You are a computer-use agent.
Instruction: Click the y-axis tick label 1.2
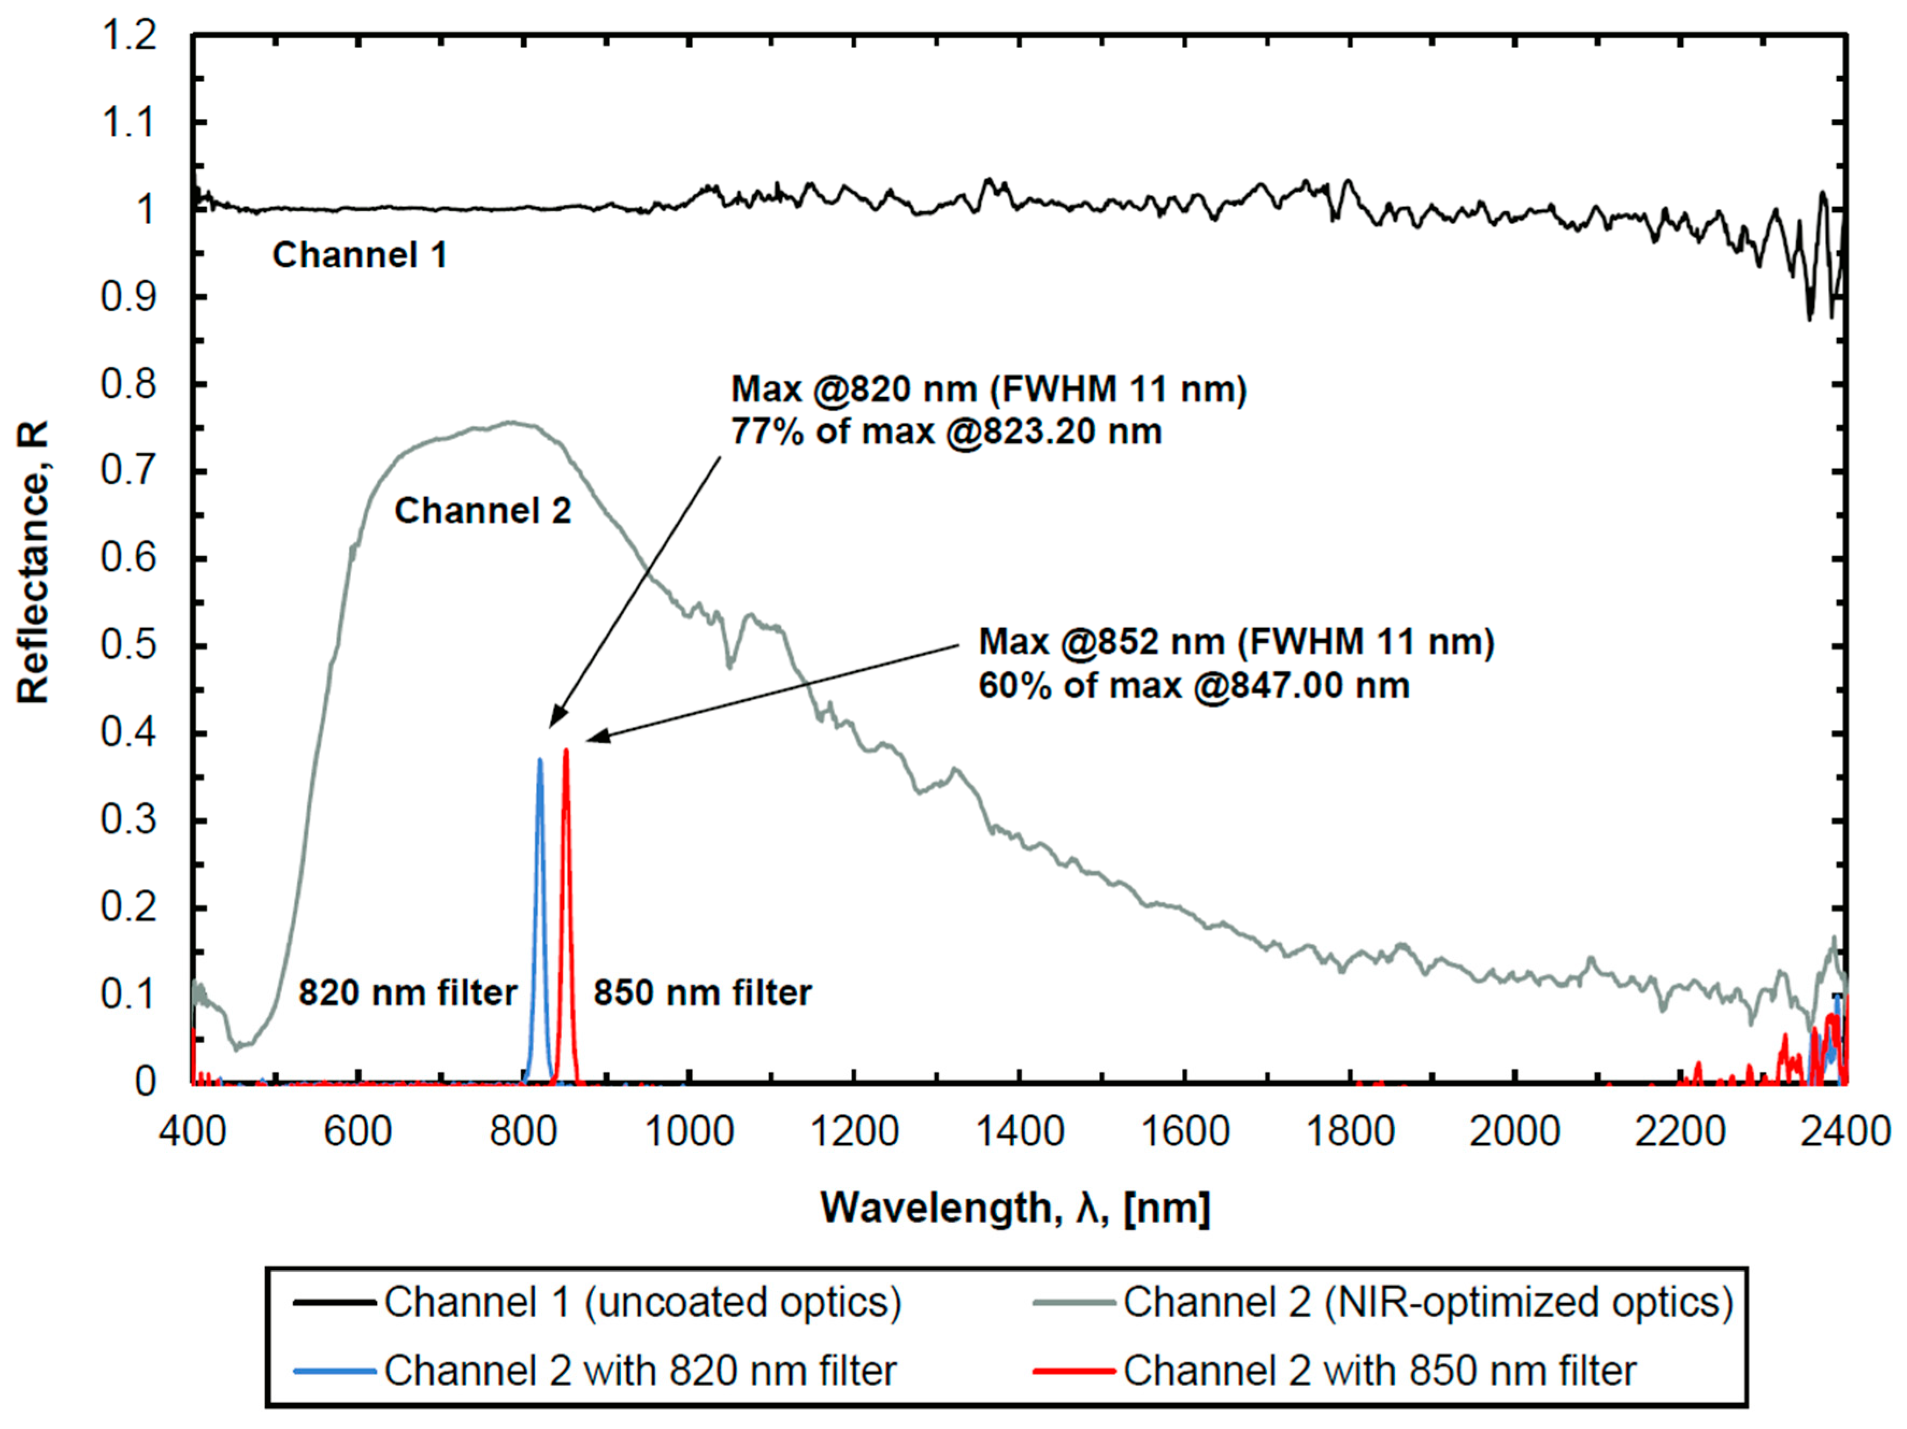(130, 36)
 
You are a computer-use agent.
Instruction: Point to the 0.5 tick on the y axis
(130, 645)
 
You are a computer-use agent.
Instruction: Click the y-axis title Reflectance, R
(33, 562)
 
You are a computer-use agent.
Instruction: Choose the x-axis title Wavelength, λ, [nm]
(1015, 1208)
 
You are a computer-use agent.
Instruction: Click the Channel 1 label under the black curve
(360, 255)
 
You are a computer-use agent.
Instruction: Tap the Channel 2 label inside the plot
(483, 511)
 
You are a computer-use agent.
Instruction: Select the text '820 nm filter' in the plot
(407, 993)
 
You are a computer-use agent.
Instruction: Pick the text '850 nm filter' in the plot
(702, 993)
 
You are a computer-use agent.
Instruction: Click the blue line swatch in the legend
(334, 1370)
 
